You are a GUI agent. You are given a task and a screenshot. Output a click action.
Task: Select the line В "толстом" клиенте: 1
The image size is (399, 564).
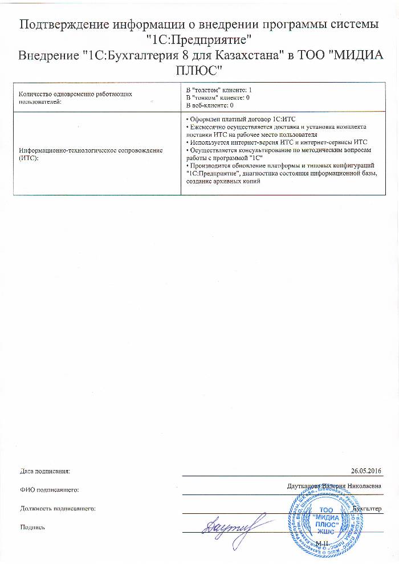[x=219, y=91]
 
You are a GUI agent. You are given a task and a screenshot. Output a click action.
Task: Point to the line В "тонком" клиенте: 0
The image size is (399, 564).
[x=218, y=98]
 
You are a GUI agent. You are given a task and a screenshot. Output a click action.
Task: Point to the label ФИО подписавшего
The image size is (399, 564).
[x=48, y=489]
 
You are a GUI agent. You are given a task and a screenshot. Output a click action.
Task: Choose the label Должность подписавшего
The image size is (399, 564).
[x=57, y=508]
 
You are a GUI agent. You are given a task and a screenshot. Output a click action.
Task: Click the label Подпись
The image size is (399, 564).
[x=32, y=527]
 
